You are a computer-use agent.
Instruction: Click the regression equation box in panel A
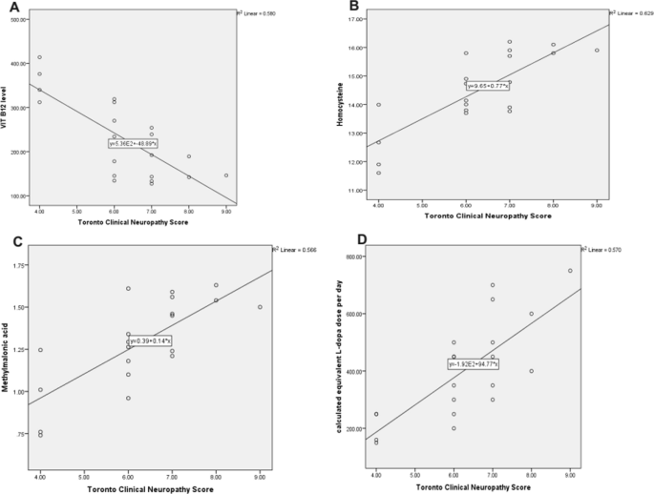133,143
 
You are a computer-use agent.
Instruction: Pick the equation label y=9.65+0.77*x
488,86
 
